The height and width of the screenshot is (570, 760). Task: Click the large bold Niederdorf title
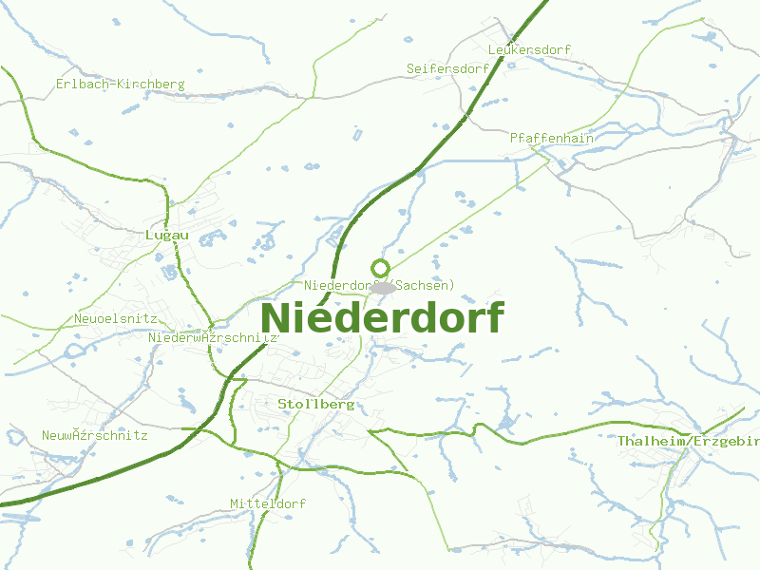tap(382, 317)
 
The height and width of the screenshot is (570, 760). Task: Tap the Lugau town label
tap(167, 235)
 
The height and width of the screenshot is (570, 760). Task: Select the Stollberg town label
tap(315, 404)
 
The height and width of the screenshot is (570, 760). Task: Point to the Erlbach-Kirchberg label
tap(120, 85)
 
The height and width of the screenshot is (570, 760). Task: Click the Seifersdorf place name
tap(447, 69)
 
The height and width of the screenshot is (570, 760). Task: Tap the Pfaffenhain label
tap(552, 138)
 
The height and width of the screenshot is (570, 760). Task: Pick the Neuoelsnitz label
tap(115, 319)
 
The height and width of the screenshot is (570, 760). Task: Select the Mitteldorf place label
tap(267, 503)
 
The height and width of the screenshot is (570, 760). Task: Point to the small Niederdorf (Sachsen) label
tap(380, 285)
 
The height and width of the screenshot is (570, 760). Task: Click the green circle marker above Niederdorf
tap(380, 268)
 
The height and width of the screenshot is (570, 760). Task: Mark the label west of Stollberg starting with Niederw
tap(213, 337)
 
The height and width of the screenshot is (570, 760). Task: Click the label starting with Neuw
tap(94, 436)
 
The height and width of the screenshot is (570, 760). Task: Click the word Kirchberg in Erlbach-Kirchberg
tap(150, 85)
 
